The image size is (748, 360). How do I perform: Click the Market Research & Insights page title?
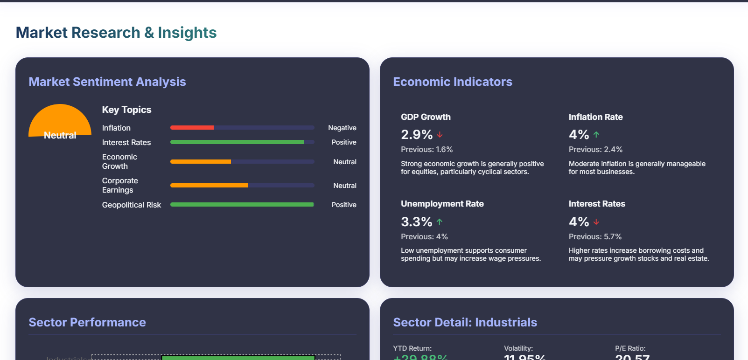point(116,33)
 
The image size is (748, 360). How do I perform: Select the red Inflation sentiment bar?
point(192,127)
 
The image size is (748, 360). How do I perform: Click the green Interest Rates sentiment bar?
point(237,142)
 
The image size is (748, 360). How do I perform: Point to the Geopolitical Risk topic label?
point(132,205)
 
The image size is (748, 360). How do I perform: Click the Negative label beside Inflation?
point(342,128)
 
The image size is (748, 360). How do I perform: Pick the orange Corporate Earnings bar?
point(209,185)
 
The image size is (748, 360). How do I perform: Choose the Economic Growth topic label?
point(119,161)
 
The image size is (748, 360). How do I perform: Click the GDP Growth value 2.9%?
point(417,134)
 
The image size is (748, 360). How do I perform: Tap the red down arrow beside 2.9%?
point(440,134)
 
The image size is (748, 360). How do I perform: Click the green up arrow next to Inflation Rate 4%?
point(596,134)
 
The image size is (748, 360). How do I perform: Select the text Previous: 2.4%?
point(595,149)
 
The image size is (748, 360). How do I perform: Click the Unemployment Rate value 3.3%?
point(417,222)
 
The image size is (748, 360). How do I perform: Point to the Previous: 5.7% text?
point(595,236)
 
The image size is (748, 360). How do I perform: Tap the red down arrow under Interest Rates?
point(596,222)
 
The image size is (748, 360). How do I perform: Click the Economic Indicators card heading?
point(453,82)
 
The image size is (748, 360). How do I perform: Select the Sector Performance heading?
point(87,322)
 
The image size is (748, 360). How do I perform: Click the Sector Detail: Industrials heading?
point(465,322)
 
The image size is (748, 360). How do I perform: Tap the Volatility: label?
point(518,348)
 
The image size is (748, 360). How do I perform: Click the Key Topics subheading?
point(126,110)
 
